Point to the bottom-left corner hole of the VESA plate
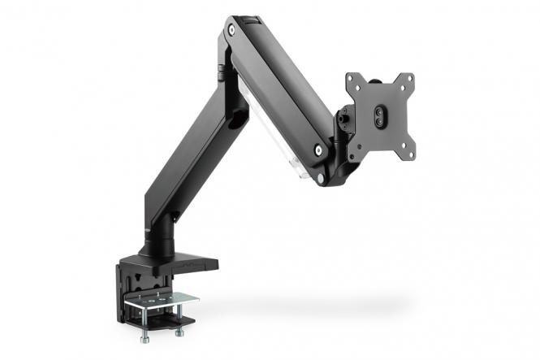[352, 151]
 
